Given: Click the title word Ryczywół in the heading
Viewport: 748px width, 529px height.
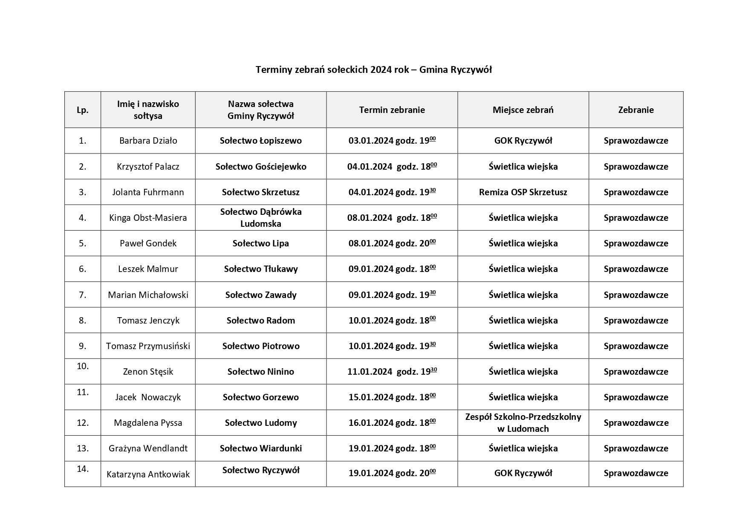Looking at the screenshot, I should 471,69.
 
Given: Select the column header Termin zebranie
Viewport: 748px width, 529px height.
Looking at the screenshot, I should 392,110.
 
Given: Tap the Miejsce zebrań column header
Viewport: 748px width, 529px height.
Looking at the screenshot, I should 523,110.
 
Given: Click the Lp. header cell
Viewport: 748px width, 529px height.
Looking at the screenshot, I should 83,110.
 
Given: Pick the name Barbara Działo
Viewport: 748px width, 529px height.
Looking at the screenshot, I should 148,141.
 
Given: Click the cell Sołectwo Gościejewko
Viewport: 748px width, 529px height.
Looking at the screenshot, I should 261,167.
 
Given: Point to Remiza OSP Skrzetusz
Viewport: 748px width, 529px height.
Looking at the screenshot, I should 523,192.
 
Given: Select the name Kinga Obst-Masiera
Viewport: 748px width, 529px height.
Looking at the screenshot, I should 148,218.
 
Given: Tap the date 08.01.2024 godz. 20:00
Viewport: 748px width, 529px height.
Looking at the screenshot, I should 392,243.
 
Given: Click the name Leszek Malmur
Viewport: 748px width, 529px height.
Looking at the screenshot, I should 148,269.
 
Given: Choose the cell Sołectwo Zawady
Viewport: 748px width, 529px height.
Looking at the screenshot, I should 261,295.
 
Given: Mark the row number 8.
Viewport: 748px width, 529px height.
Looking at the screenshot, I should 83,321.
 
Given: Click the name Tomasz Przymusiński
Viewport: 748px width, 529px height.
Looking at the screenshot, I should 148,346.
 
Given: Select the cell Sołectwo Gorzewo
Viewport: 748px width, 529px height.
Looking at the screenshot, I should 261,397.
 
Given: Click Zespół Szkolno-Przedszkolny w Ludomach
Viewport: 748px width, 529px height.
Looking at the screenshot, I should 523,423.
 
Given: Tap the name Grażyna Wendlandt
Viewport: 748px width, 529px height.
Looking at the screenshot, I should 148,448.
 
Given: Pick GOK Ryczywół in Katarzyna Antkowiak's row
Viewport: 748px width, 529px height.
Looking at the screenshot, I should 523,473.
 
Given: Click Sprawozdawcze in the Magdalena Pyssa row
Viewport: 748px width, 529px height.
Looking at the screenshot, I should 636,423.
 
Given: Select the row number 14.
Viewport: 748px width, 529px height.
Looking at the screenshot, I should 83,469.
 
